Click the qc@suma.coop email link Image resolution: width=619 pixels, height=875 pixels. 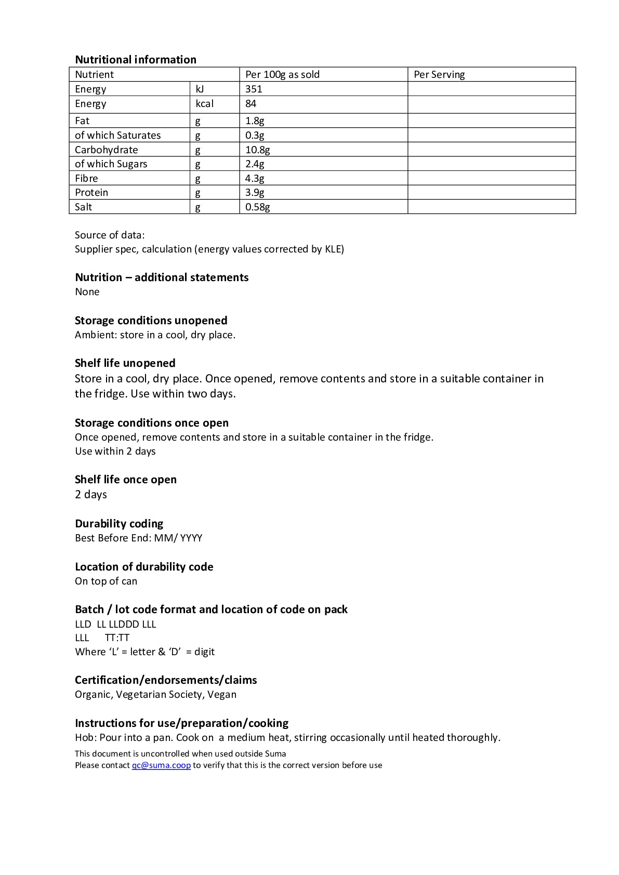point(161,765)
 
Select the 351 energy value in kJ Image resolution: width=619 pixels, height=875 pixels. point(254,89)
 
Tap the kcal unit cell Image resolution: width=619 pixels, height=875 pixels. point(204,103)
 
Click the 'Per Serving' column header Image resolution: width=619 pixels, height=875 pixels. point(439,74)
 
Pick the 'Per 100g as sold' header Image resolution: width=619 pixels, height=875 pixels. point(282,74)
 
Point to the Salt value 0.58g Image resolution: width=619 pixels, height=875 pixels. point(257,207)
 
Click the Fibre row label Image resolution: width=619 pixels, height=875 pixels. point(86,178)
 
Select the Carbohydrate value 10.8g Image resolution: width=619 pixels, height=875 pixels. point(257,150)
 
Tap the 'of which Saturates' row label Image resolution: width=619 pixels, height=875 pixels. point(118,135)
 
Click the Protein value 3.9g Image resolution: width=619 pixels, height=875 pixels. point(255,192)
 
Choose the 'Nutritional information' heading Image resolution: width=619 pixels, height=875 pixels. point(136,59)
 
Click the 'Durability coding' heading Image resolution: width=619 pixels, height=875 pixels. point(119,523)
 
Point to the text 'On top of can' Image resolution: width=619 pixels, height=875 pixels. point(106,581)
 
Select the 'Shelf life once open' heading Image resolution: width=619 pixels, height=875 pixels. point(126,479)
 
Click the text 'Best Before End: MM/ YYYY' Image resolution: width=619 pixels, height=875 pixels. point(139,538)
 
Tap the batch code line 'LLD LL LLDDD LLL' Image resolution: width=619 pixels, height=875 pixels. point(115,624)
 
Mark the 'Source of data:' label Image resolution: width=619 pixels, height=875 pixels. point(110,235)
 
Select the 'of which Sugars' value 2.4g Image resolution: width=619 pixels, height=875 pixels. point(255,164)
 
